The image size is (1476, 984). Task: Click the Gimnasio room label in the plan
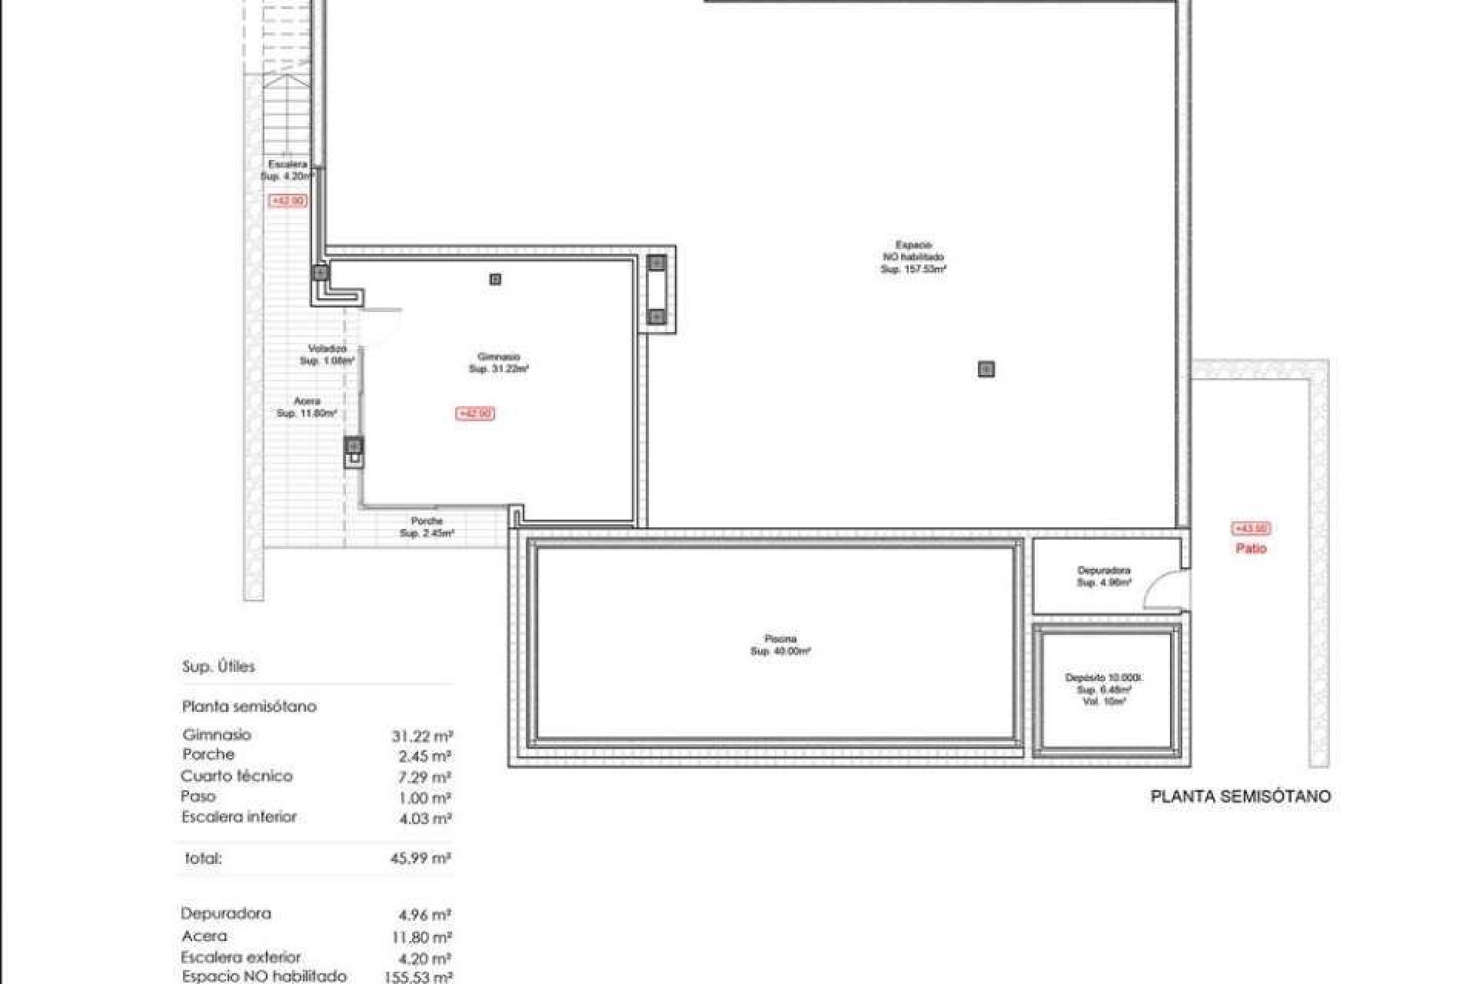[499, 357]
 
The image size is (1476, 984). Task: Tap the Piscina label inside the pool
[780, 639]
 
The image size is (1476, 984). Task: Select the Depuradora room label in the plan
[1104, 571]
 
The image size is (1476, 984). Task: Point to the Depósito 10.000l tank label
[1104, 678]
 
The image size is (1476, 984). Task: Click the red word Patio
[1251, 549]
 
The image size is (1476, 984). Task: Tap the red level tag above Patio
[1251, 529]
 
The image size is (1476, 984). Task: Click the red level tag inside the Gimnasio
[476, 414]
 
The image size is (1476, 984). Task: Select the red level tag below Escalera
[288, 201]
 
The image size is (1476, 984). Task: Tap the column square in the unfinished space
[986, 370]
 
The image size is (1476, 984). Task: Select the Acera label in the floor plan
[307, 401]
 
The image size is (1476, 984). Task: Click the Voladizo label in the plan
[327, 349]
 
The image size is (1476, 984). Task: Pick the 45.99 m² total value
[421, 859]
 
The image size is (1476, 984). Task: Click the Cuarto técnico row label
[237, 776]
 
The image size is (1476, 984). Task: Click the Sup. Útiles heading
[218, 667]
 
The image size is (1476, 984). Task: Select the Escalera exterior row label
[241, 958]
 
